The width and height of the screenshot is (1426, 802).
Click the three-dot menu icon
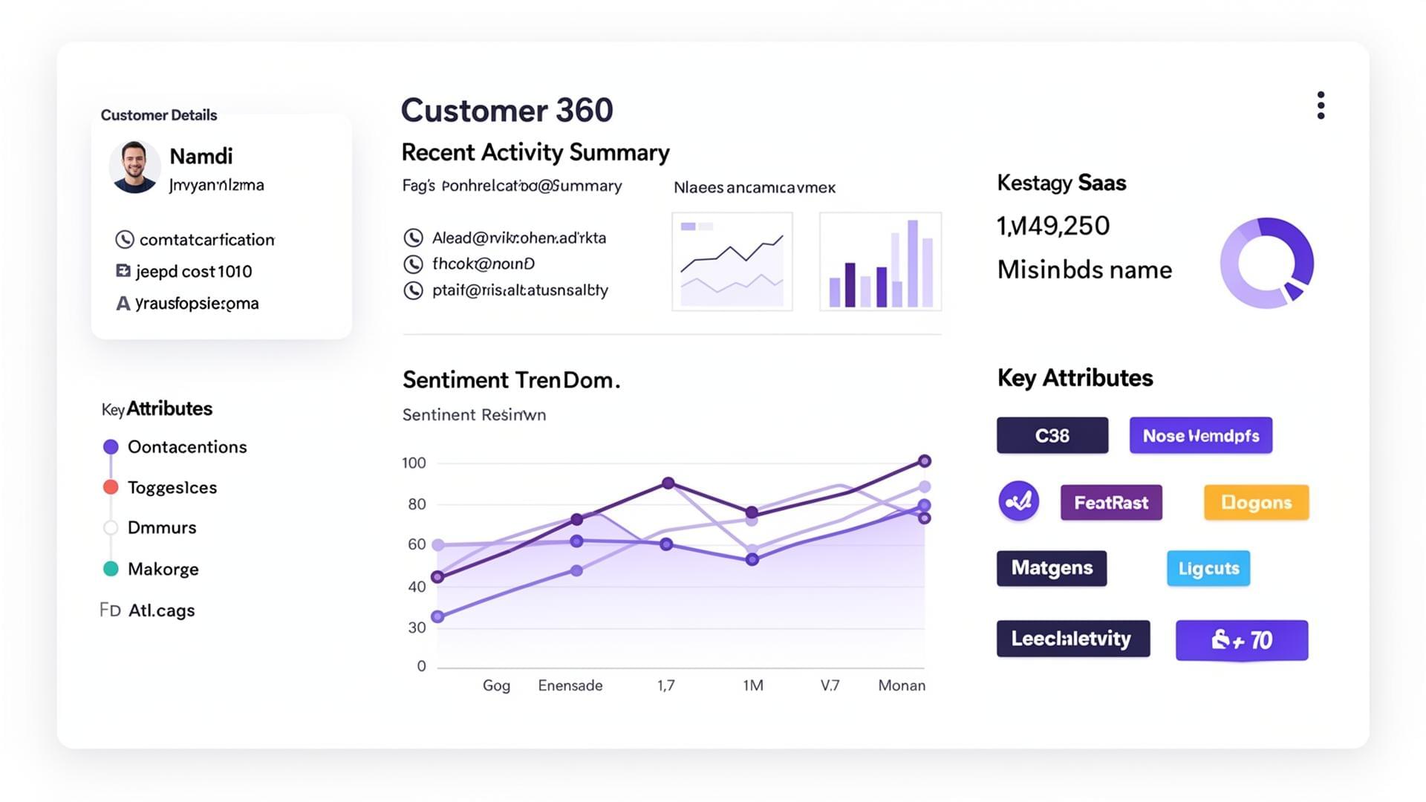[x=1321, y=105]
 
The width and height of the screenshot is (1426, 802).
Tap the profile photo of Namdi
[x=134, y=166]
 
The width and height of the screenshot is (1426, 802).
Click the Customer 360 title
[x=507, y=111]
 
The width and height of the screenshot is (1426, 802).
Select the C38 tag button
[x=1052, y=436]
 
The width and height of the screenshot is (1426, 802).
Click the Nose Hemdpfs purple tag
[x=1200, y=436]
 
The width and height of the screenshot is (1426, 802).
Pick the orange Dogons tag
[x=1256, y=503]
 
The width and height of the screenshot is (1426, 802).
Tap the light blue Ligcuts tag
[x=1208, y=569]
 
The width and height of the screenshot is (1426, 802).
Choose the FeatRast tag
[x=1111, y=503]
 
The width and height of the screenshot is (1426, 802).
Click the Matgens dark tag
[x=1052, y=568]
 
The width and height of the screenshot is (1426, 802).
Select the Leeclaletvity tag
[x=1072, y=639]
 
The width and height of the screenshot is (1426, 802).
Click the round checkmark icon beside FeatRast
[x=1018, y=502]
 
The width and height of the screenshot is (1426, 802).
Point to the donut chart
[x=1267, y=263]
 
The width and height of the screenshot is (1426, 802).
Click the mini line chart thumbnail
[x=732, y=261]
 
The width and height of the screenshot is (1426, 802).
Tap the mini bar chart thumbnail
[x=880, y=261]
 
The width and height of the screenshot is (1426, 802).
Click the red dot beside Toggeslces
[x=111, y=487]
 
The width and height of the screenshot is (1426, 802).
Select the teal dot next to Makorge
[x=111, y=569]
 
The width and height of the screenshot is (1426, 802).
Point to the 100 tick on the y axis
[x=414, y=463]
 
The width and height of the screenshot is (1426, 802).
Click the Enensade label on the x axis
[x=570, y=685]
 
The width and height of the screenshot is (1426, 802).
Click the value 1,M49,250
[x=1052, y=226]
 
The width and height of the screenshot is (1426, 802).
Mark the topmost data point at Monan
[x=924, y=461]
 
